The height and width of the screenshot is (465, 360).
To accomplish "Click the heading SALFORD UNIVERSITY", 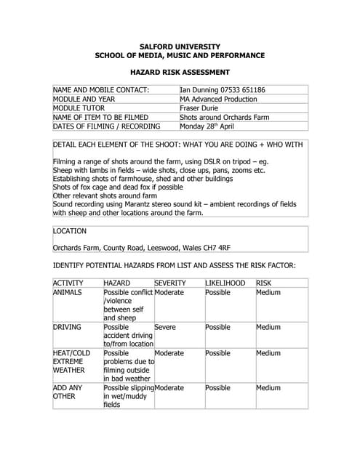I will pyautogui.click(x=180, y=46).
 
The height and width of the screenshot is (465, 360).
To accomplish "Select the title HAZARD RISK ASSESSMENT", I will pyautogui.click(x=180, y=73).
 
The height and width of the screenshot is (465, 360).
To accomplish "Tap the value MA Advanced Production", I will pyautogui.click(x=218, y=99).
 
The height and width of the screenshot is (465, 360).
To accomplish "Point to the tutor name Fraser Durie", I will pyautogui.click(x=200, y=108).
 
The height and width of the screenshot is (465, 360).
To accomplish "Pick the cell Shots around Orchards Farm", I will pyautogui.click(x=225, y=116).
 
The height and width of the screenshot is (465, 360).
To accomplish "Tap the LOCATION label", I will pyautogui.click(x=70, y=231).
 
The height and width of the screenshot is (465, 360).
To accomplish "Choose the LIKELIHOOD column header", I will pyautogui.click(x=225, y=283).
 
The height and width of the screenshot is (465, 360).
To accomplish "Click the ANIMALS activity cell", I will pyautogui.click(x=68, y=292).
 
